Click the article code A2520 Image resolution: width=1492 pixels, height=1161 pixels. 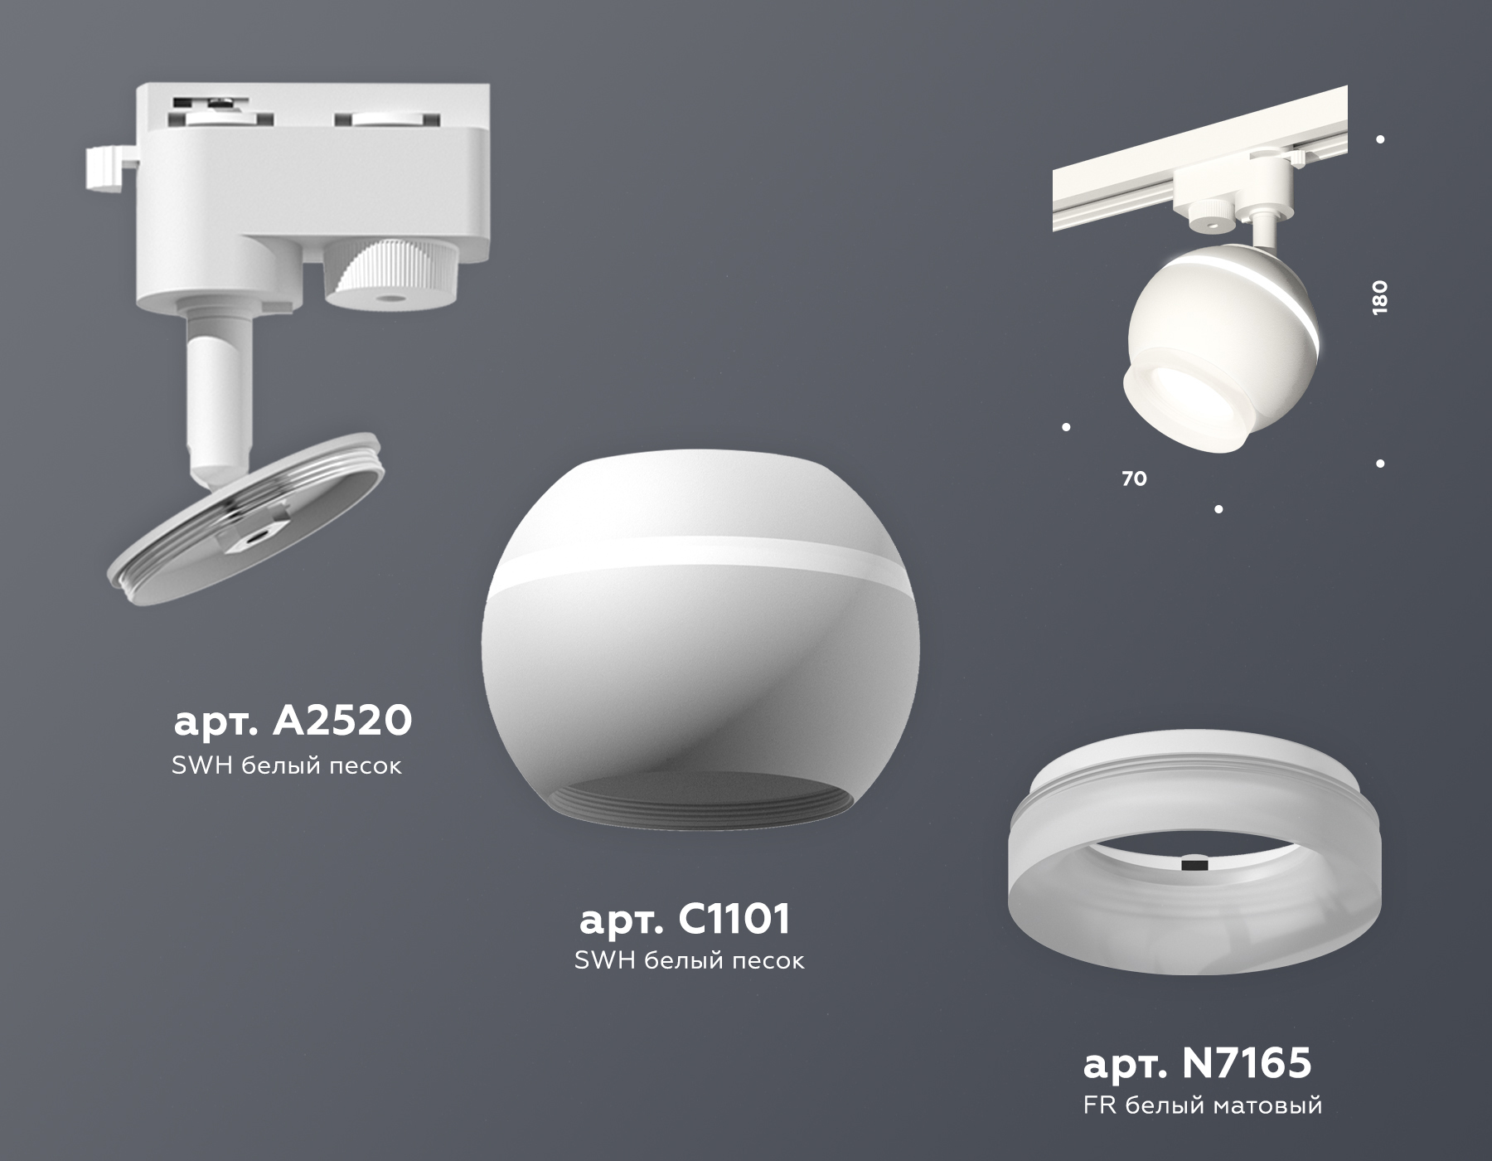pyautogui.click(x=293, y=721)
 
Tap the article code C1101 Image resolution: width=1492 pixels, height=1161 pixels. pyautogui.click(x=685, y=918)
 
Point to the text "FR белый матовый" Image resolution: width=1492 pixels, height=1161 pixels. pyautogui.click(x=1202, y=1105)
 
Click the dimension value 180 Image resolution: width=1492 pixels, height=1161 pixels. pyautogui.click(x=1379, y=297)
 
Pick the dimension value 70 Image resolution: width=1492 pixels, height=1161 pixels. pyautogui.click(x=1134, y=478)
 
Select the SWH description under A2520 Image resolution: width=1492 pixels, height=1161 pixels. pyautogui.click(x=287, y=765)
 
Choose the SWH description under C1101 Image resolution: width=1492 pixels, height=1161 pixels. pyautogui.click(x=689, y=960)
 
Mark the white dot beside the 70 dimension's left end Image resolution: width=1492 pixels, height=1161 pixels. pyautogui.click(x=1066, y=427)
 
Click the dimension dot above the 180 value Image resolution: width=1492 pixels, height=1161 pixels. pyautogui.click(x=1380, y=139)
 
